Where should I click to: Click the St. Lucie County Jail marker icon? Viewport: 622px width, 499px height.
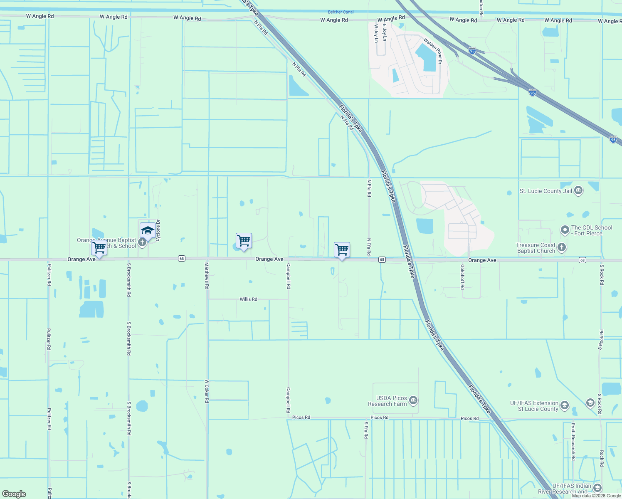578,191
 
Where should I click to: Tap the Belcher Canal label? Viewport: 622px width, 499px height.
341,12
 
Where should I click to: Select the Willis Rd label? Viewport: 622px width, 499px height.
248,299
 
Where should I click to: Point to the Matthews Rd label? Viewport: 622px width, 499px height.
207,276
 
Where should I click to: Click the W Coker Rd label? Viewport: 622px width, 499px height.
207,391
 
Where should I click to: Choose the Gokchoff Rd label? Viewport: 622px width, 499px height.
462,277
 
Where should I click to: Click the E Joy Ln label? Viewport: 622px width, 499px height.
385,32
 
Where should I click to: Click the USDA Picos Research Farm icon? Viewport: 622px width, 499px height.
413,400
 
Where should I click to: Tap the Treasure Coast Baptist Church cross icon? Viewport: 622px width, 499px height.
561,248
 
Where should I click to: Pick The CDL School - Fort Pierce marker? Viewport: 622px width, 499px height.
565,230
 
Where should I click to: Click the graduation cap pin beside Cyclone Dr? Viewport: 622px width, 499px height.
148,230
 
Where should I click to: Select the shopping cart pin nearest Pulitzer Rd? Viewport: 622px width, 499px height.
99,248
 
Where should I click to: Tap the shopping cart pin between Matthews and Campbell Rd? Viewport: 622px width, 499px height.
244,240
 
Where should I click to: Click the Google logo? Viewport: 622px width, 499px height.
14,494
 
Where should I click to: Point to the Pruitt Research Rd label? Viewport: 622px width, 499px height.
573,441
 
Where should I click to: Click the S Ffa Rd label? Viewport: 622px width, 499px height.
366,430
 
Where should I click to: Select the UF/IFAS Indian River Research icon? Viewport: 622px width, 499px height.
597,488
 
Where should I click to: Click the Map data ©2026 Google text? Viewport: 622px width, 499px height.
596,496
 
